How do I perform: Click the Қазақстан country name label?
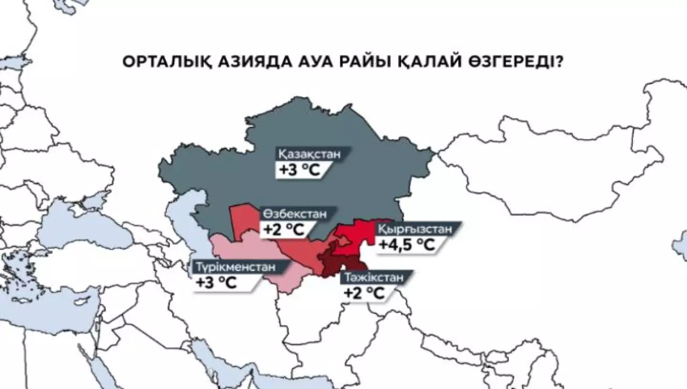[x=310, y=154]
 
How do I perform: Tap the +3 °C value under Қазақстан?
[x=298, y=170]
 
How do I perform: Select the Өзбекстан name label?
[x=294, y=213]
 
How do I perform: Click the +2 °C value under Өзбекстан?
[x=283, y=229]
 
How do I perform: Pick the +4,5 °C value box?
[x=406, y=245]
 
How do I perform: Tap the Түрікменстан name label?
[x=235, y=266]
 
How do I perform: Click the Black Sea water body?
[x=91, y=226]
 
